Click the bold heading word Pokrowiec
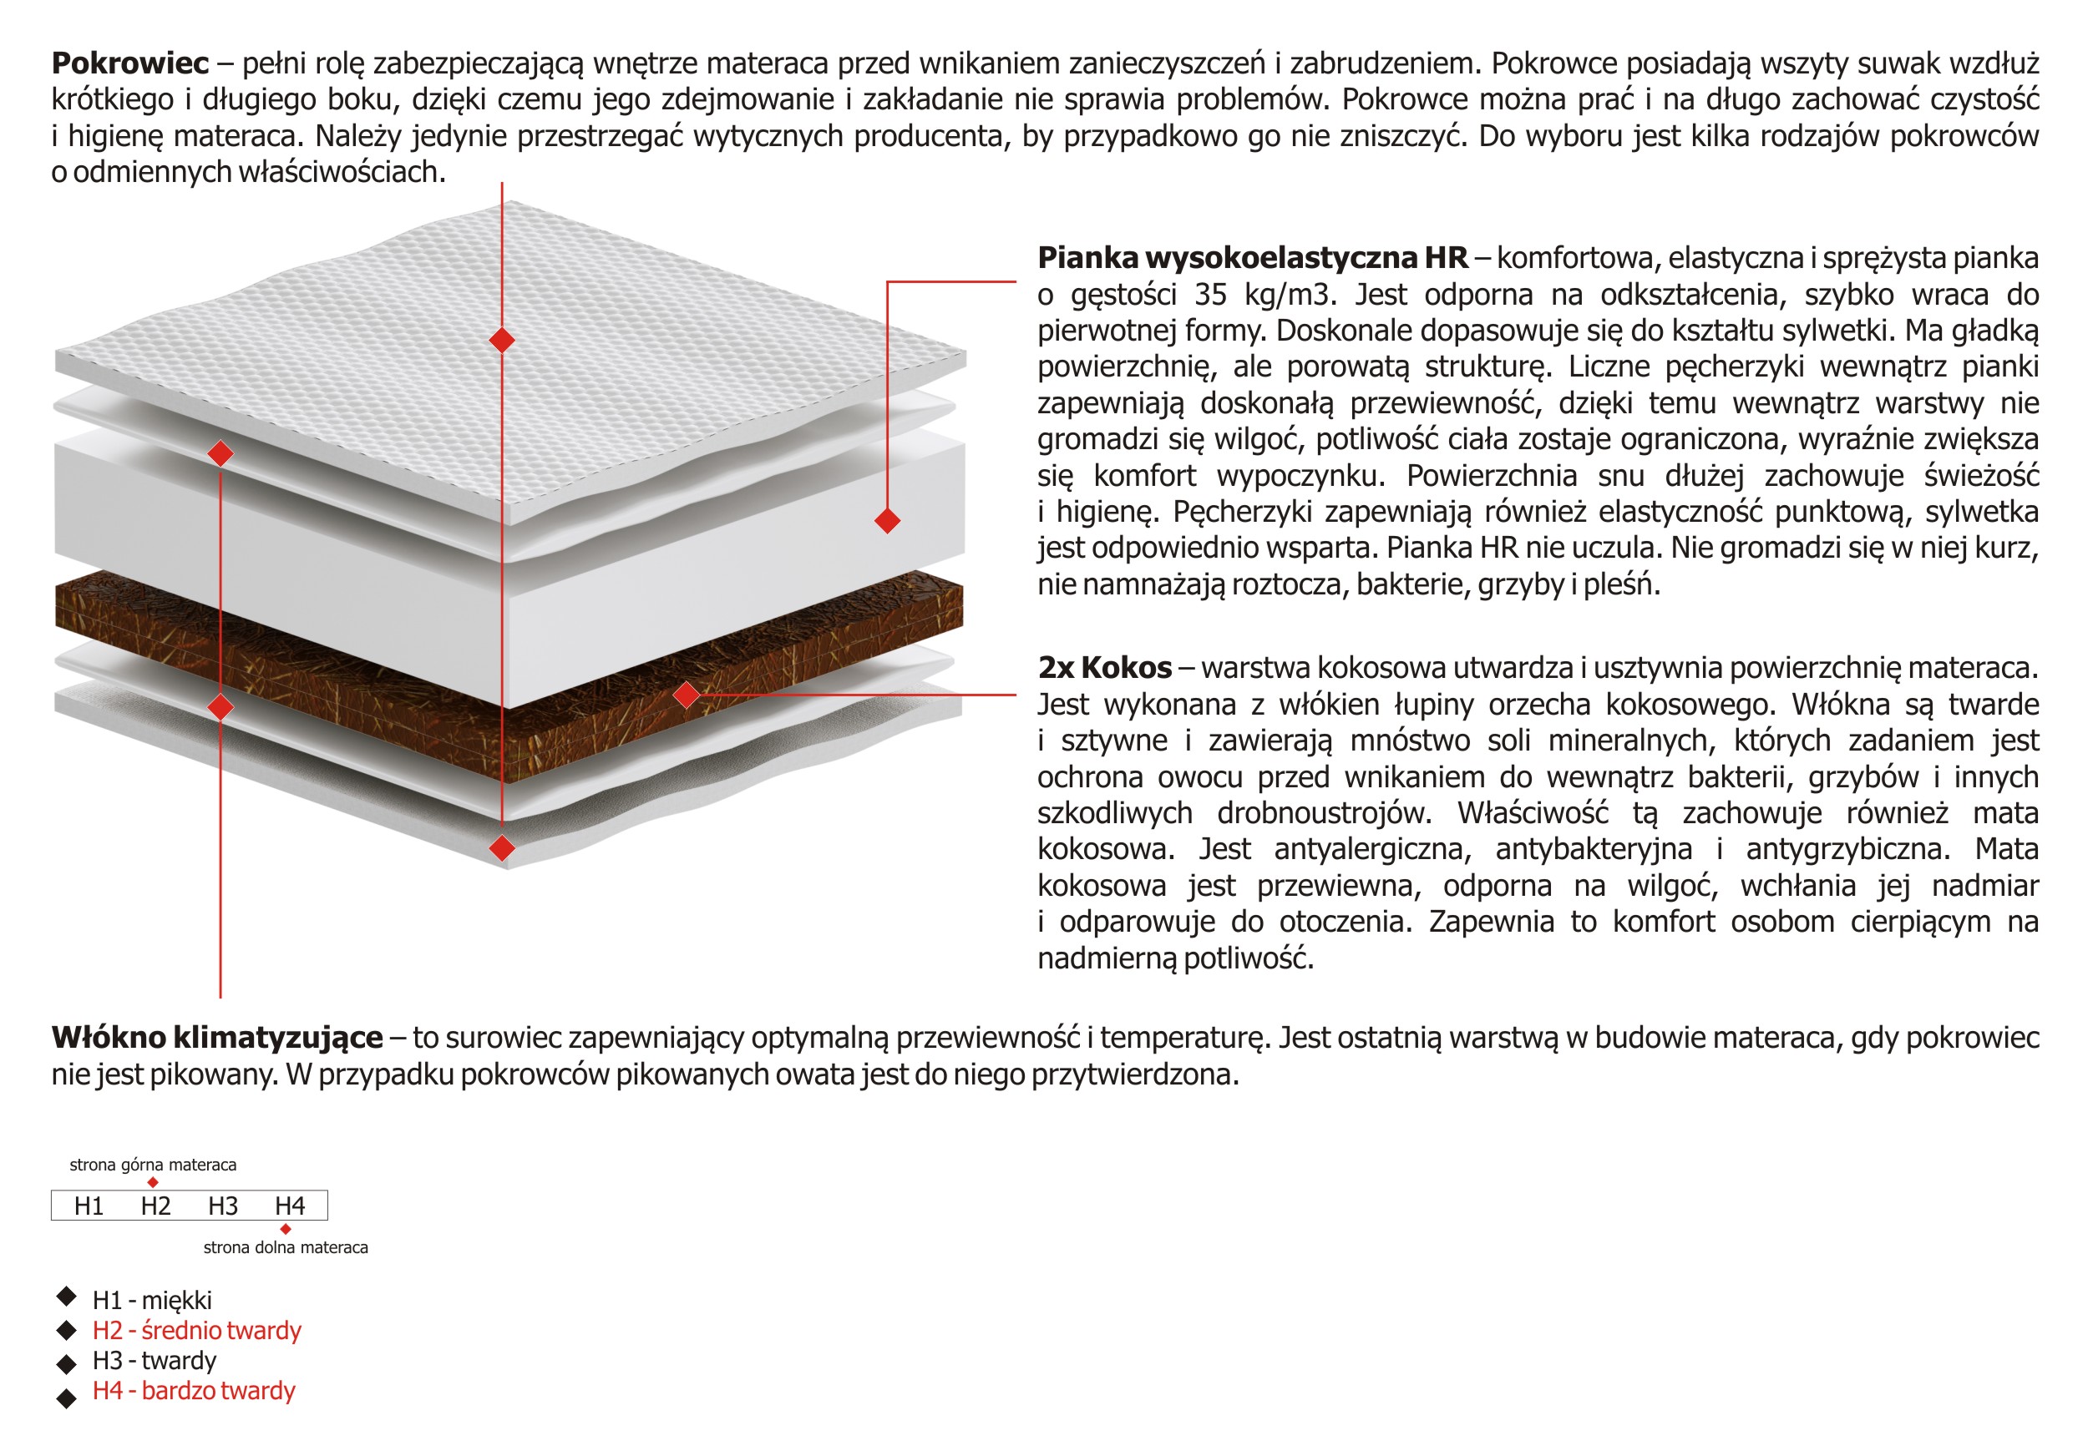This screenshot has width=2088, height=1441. (130, 63)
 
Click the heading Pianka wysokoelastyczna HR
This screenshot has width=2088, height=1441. (1252, 258)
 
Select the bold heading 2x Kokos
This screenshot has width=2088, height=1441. (1103, 667)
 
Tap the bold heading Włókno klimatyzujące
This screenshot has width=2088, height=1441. (217, 1038)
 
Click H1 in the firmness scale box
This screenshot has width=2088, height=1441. (89, 1206)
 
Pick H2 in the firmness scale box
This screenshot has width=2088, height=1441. (155, 1206)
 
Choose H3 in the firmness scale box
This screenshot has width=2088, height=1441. (222, 1206)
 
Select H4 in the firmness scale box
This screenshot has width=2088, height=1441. (289, 1206)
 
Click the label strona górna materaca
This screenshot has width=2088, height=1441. (153, 1165)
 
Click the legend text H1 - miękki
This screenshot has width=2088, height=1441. (152, 1300)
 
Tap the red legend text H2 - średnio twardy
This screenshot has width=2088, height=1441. (196, 1330)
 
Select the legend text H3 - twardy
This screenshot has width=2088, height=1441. (155, 1361)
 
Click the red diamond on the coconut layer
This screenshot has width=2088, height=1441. (687, 695)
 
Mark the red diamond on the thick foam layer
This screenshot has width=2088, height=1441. (887, 520)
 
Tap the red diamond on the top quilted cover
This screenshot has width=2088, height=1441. (502, 341)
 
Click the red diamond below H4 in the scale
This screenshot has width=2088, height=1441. (286, 1229)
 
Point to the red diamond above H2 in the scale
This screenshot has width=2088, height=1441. (153, 1182)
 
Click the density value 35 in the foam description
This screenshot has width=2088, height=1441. (1210, 295)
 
